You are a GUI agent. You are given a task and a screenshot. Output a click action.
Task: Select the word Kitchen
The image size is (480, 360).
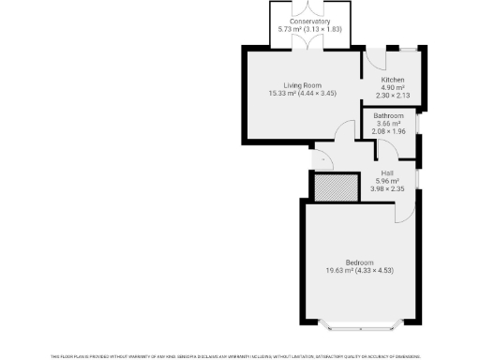pos(392,81)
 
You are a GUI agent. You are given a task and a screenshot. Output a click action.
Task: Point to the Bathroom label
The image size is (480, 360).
pos(389,116)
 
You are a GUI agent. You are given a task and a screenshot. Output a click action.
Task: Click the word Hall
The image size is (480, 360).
pos(387,172)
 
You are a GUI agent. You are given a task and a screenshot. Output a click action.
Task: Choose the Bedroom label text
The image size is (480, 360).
pos(359,262)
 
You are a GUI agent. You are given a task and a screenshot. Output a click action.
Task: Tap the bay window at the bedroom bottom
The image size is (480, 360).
pos(360,327)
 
